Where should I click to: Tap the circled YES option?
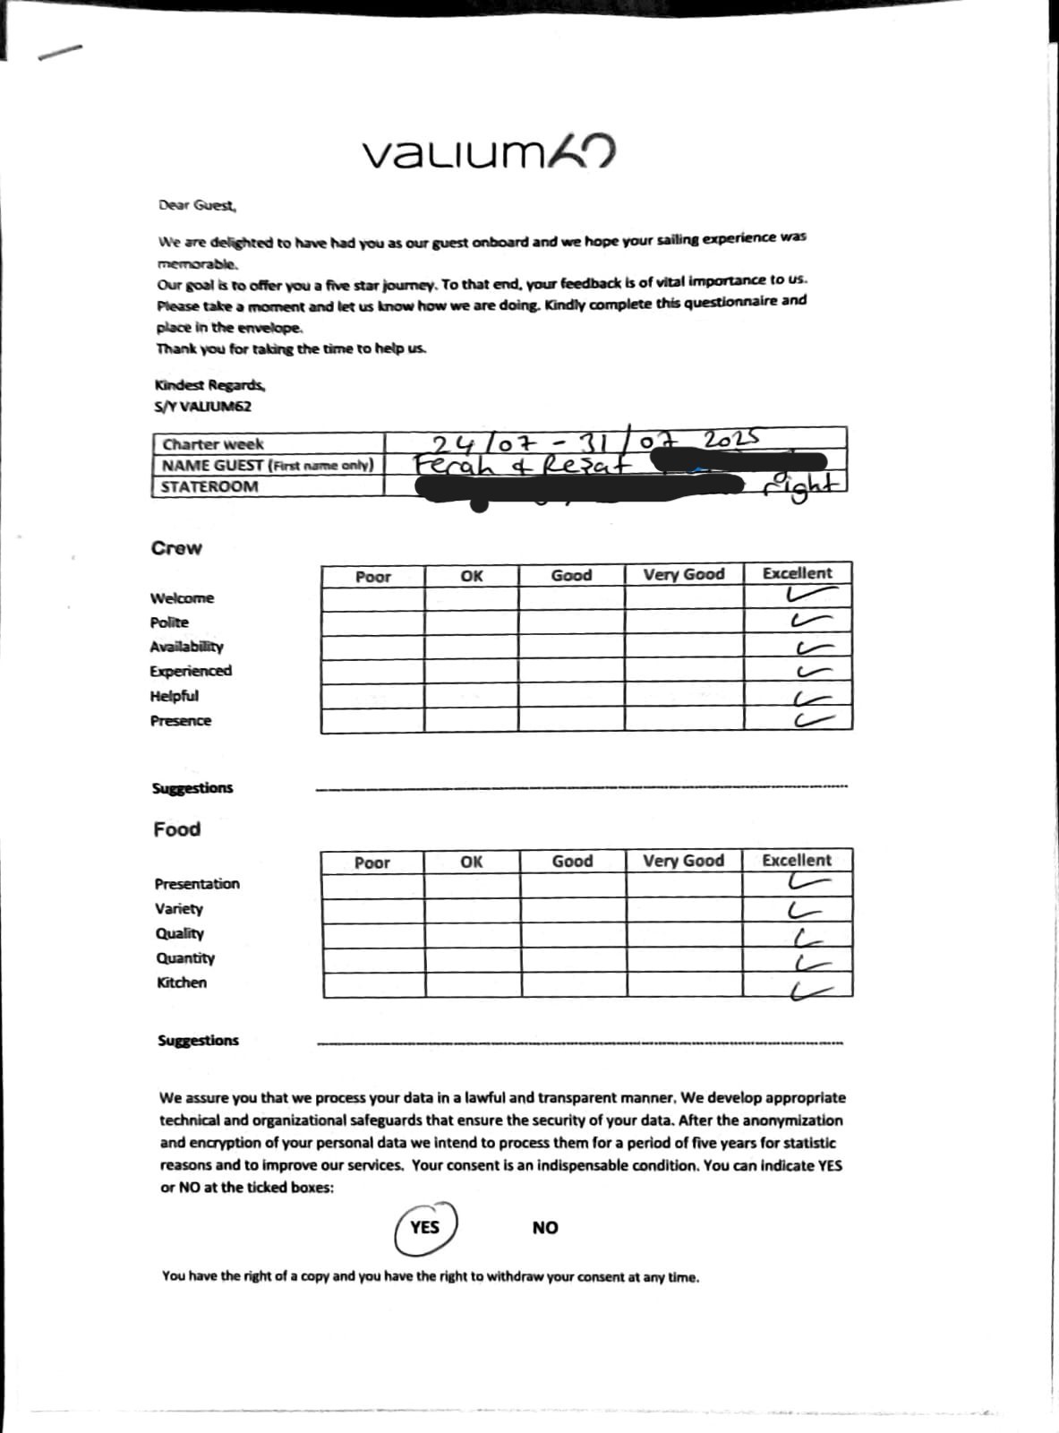click(425, 1227)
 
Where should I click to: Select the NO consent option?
click(544, 1228)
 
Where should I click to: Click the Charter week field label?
click(213, 444)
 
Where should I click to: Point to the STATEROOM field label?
click(209, 487)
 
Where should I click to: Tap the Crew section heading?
click(176, 548)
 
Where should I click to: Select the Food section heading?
click(176, 829)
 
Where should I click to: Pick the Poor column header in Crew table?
click(372, 577)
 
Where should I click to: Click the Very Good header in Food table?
click(683, 861)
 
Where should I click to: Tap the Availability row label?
click(186, 647)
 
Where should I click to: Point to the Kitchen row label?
click(181, 983)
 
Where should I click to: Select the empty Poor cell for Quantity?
click(373, 960)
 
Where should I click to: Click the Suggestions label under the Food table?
click(198, 1041)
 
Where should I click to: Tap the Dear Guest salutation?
click(197, 205)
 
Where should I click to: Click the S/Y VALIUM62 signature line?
click(202, 407)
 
